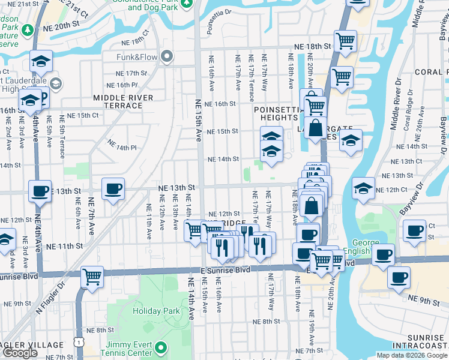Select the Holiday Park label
click(156, 311)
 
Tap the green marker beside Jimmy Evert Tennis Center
click(161, 347)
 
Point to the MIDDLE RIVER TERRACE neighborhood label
click(123, 101)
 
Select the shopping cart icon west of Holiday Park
click(92, 277)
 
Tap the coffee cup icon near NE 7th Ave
click(113, 188)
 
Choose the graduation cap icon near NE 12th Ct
click(363, 188)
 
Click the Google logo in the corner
click(20, 353)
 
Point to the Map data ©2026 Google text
click(411, 355)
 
